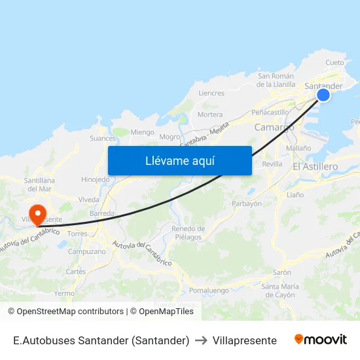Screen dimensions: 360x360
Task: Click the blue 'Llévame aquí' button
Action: click(179, 160)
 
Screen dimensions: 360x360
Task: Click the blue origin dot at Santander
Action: click(323, 96)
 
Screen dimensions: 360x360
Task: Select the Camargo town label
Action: click(274, 128)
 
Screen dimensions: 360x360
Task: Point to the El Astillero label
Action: click(315, 167)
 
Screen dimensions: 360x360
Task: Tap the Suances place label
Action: click(103, 138)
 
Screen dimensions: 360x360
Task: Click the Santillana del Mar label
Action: click(39, 184)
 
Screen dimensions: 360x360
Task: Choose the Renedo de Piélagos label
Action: click(188, 233)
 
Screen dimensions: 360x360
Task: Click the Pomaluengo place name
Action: click(209, 290)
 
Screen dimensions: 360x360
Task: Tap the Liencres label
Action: click(211, 94)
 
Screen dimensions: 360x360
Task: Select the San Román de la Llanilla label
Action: click(276, 80)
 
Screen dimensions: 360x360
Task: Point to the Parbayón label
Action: click(247, 204)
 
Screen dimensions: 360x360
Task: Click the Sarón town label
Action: click(281, 272)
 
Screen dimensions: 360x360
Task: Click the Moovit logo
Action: click(321, 340)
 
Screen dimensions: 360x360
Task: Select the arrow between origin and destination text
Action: click(201, 340)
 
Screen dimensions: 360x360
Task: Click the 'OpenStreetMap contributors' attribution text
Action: click(66, 312)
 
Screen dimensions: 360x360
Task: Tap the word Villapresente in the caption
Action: click(244, 340)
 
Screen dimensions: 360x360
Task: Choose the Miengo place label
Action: click(143, 132)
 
